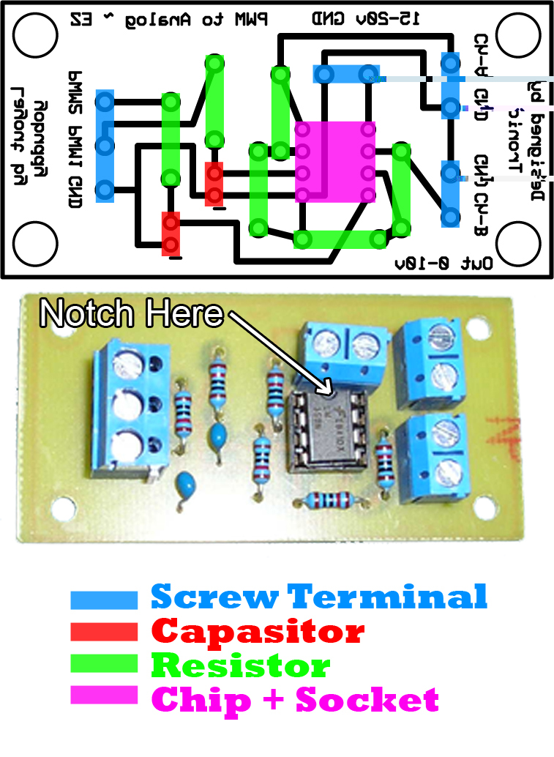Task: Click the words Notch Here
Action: (x=131, y=313)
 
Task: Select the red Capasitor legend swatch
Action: (x=104, y=632)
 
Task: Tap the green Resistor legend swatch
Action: (x=104, y=663)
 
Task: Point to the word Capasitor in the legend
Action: (x=258, y=630)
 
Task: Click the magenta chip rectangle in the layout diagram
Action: (x=336, y=161)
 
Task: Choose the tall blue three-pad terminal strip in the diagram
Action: (x=105, y=146)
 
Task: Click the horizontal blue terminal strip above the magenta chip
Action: (x=345, y=74)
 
